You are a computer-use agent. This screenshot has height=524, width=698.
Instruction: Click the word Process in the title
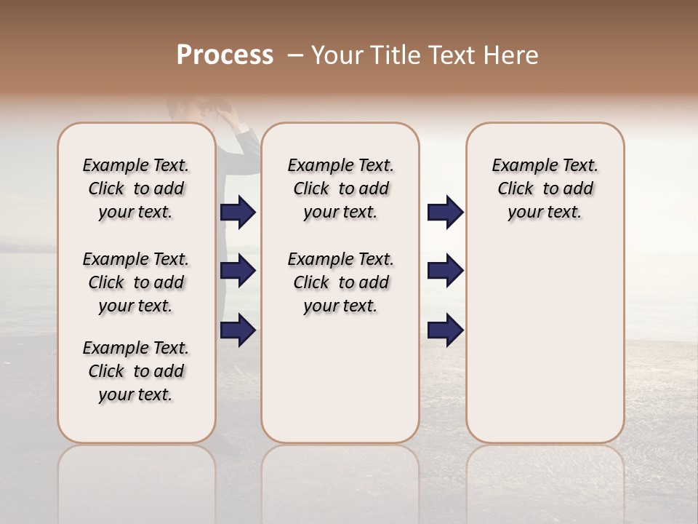(x=225, y=55)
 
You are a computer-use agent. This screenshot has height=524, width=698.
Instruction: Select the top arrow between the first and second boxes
(x=238, y=213)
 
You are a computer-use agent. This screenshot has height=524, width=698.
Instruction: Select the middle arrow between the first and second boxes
(x=238, y=271)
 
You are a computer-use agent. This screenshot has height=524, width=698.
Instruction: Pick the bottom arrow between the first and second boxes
(x=238, y=331)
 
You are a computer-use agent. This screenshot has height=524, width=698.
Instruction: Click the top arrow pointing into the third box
(x=445, y=213)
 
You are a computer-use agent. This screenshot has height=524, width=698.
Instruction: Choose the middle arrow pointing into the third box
(x=445, y=271)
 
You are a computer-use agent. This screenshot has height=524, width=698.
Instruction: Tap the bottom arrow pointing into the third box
(x=445, y=331)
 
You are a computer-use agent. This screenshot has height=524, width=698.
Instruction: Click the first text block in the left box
(x=136, y=188)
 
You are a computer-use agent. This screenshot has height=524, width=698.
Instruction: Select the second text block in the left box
(x=136, y=282)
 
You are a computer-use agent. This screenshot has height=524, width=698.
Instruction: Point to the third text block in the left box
(x=136, y=371)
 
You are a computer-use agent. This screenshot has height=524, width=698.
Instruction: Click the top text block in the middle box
(x=340, y=188)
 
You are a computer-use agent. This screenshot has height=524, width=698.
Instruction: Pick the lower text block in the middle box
(x=340, y=282)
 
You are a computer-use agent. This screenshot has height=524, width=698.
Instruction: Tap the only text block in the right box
(x=545, y=188)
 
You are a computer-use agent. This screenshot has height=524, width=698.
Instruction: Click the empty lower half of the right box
(x=545, y=349)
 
